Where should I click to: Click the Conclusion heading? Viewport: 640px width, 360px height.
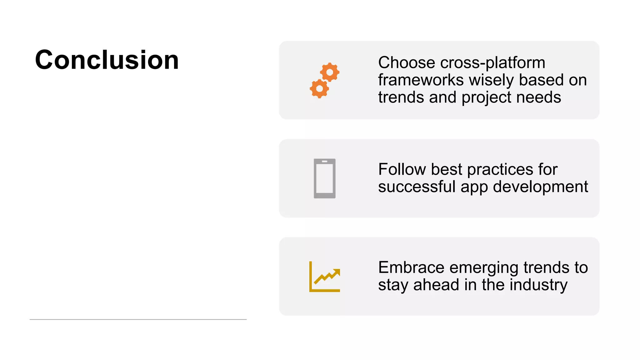[107, 60]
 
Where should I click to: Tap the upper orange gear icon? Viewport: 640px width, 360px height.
[330, 72]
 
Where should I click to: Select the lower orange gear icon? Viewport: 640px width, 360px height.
[319, 89]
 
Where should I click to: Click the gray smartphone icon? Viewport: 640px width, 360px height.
[324, 178]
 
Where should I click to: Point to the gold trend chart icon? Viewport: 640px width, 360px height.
[324, 277]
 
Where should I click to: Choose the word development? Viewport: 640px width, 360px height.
[540, 187]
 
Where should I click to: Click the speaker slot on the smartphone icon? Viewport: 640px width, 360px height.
[325, 162]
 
